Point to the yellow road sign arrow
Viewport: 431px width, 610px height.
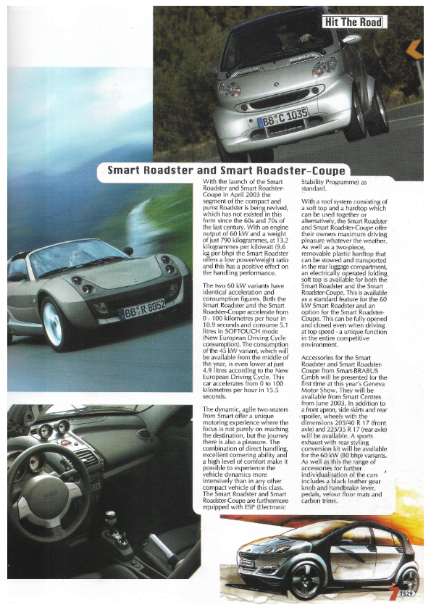[415, 49]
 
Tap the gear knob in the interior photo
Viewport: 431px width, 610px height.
[110, 518]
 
